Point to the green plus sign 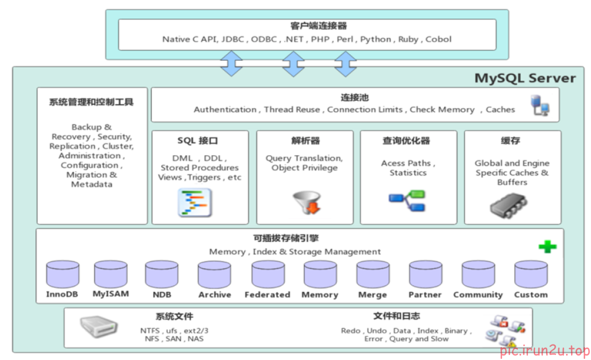[547, 246]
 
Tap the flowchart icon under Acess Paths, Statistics [407, 200]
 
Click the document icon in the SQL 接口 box [194, 203]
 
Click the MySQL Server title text [525, 78]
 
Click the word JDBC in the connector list [233, 39]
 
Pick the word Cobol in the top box [438, 39]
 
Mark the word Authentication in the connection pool [225, 110]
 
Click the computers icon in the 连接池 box [540, 105]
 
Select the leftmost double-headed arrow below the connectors [231, 64]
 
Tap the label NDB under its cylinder [162, 295]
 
